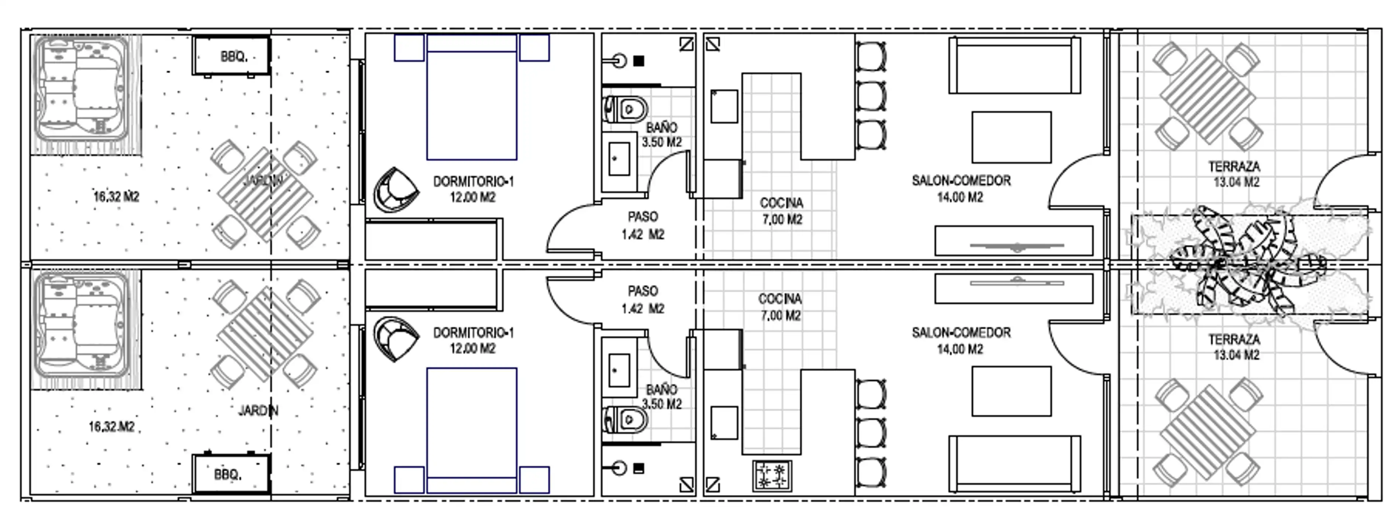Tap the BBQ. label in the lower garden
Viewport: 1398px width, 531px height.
(x=227, y=475)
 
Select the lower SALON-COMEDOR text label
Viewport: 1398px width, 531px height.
(x=961, y=333)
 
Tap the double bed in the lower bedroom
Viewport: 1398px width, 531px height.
(x=472, y=431)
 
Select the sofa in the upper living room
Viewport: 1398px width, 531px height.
(x=1014, y=65)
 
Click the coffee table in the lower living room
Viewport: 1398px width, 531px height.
(x=1011, y=392)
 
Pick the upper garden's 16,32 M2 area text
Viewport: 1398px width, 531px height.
(x=116, y=196)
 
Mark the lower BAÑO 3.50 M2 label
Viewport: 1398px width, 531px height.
(x=662, y=396)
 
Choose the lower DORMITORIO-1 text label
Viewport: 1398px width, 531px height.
(x=473, y=333)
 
